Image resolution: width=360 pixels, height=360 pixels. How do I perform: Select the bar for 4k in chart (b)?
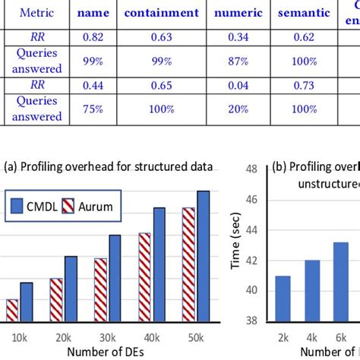coord(313,290)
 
